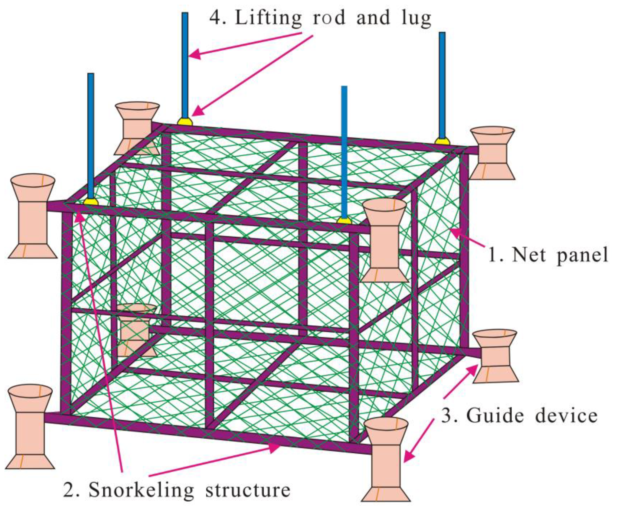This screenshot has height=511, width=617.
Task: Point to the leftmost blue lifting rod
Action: coord(91,135)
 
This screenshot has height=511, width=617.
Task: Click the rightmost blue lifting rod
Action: coord(442,85)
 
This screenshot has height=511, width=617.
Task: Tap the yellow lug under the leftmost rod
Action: coord(91,202)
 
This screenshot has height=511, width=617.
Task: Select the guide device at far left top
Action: coord(33,216)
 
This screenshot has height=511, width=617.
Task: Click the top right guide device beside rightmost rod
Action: coord(492,153)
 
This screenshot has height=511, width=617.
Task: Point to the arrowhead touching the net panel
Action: coord(455,232)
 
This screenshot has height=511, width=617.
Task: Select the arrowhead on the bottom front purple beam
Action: coord(275,448)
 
